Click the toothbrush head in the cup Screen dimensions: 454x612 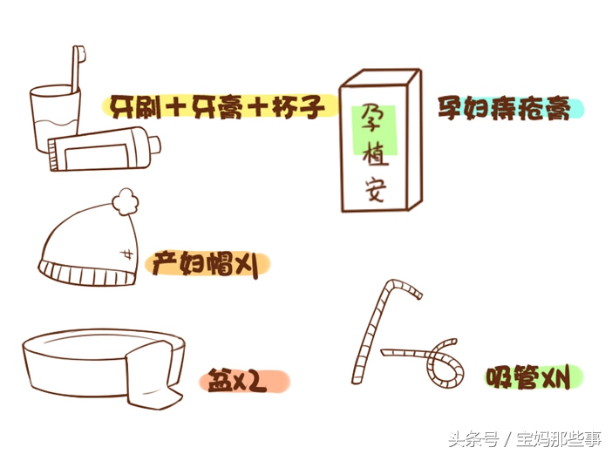tap(80, 54)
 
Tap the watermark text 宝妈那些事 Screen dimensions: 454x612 tap(558, 438)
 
